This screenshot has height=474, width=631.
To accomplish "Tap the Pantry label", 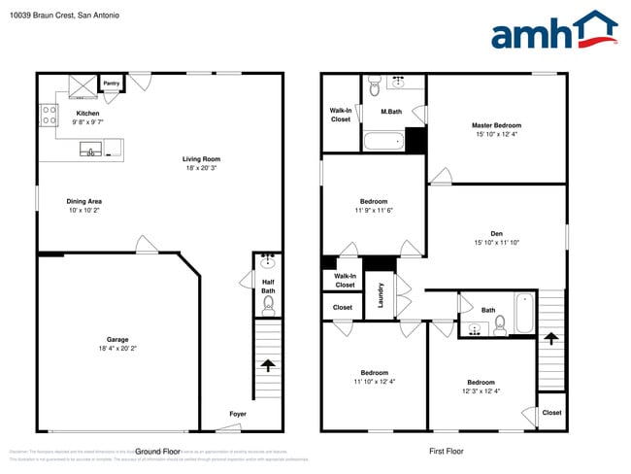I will click(112, 84).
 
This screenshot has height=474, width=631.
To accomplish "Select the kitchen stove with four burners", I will click(47, 116).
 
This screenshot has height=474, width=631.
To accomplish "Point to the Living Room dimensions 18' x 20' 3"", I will click(202, 168).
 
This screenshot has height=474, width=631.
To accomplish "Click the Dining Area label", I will click(84, 201).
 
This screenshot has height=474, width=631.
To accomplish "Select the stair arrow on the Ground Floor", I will click(267, 365).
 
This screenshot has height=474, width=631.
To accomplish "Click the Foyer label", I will click(238, 414).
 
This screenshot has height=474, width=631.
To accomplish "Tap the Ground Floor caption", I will click(158, 451).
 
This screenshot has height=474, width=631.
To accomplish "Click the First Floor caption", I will click(447, 451).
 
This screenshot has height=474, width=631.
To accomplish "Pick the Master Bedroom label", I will click(496, 125).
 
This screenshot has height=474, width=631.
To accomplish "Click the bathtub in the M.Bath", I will click(383, 143).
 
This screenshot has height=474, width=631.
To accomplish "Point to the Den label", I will click(496, 233).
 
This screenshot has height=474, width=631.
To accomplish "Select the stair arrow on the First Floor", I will click(550, 338).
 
